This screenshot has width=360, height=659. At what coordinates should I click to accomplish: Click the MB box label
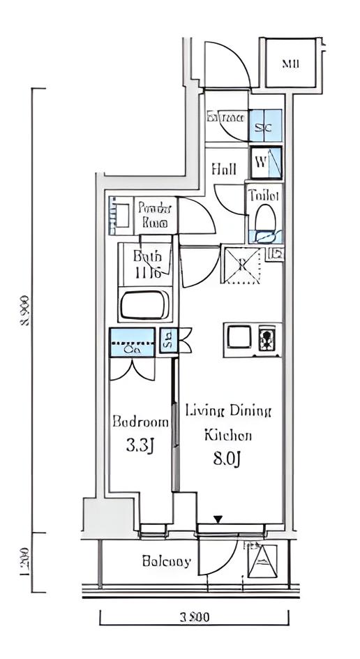(x=290, y=64)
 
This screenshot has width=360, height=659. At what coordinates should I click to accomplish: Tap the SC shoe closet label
(x=263, y=128)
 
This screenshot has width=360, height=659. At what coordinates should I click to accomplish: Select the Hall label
(x=224, y=169)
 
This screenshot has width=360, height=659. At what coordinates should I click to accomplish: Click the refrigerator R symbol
(x=241, y=264)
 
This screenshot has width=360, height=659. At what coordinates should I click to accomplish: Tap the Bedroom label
(x=141, y=422)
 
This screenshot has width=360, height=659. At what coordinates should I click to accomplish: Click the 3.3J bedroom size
(x=140, y=445)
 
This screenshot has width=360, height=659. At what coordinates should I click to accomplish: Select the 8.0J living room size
(x=227, y=459)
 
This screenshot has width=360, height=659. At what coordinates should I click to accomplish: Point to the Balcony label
(x=166, y=561)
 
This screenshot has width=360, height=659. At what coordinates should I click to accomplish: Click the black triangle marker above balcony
(x=218, y=519)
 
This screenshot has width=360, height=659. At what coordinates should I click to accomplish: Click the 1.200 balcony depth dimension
(x=24, y=561)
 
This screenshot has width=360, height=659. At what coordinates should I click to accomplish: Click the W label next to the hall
(x=260, y=163)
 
